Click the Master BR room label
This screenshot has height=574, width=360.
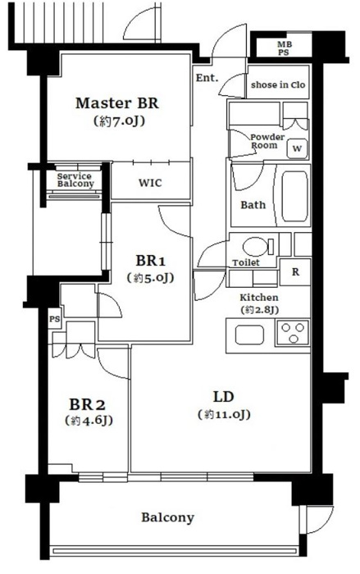coord(117,103)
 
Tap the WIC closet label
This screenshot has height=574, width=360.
coord(150,183)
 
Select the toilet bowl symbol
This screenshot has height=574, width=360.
coord(257,246)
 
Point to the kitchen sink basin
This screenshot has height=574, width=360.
coord(249,335)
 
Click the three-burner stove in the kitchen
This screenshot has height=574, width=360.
coord(293,332)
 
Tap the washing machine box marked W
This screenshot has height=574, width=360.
coord(297,148)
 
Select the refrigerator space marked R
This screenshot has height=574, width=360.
coord(295,272)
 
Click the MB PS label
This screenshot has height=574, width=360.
coord(283,48)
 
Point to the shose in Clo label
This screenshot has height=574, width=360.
coord(278,84)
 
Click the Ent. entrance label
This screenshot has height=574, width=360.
coord(207,78)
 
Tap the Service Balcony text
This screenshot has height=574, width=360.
coord(75,180)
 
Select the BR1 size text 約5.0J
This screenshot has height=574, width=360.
coord(150,278)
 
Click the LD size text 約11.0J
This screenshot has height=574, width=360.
coord(224,414)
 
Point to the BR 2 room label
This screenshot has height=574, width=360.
coord(88,404)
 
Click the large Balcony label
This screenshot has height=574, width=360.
coord(168,517)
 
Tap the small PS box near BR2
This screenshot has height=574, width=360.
coord(54,319)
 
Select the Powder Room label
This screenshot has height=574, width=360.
coord(267,141)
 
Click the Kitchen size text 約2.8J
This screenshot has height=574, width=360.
coord(259,310)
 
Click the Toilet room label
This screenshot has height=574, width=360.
coord(246,262)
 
